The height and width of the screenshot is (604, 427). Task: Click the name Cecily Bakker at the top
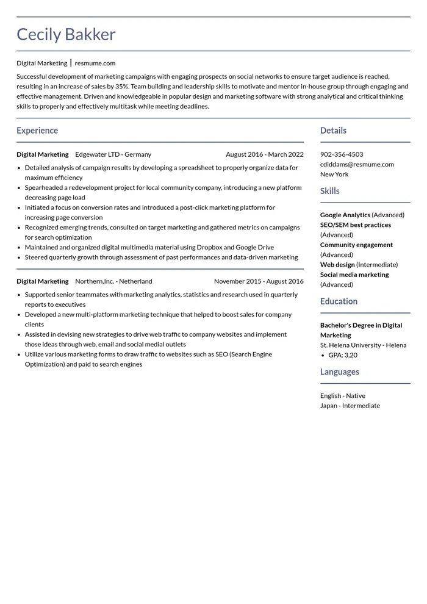pyautogui.click(x=66, y=35)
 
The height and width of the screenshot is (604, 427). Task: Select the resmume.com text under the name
pyautogui.click(x=95, y=63)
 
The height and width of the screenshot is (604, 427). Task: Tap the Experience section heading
pyautogui.click(x=37, y=131)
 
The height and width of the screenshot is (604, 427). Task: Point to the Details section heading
pyautogui.click(x=333, y=131)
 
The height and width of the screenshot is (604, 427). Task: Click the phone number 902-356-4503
pyautogui.click(x=342, y=154)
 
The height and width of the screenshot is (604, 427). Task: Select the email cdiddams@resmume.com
pyautogui.click(x=357, y=164)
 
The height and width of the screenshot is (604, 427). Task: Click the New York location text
pyautogui.click(x=334, y=174)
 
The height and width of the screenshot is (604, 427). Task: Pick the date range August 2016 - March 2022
pyautogui.click(x=264, y=154)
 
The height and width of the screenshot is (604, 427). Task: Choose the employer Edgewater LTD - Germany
pyautogui.click(x=113, y=154)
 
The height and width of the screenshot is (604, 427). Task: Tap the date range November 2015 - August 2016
pyautogui.click(x=259, y=281)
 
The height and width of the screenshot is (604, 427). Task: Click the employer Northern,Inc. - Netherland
pyautogui.click(x=113, y=281)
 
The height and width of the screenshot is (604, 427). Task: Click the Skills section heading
pyautogui.click(x=330, y=191)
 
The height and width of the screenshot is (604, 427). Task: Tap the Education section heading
pyautogui.click(x=339, y=301)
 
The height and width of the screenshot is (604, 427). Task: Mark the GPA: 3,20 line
pyautogui.click(x=343, y=355)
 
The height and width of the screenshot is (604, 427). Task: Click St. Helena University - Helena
pyautogui.click(x=363, y=345)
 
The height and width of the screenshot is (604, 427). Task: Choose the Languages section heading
pyautogui.click(x=340, y=372)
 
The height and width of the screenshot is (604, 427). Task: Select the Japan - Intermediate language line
pyautogui.click(x=350, y=406)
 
